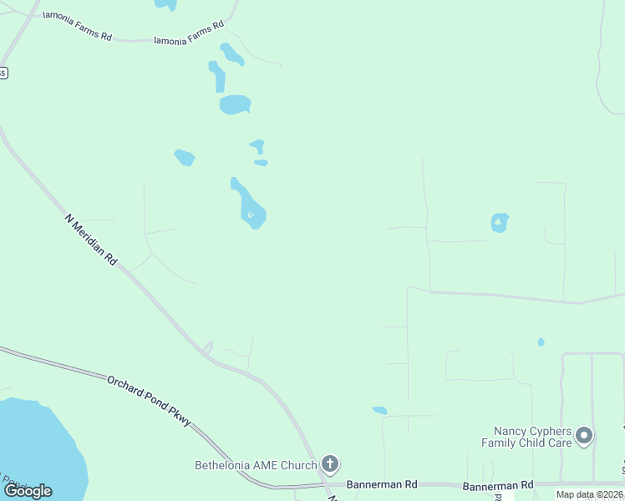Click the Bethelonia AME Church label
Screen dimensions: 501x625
coord(256,465)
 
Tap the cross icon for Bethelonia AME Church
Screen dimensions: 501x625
coord(330,463)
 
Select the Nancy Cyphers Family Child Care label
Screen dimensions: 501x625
coord(527,437)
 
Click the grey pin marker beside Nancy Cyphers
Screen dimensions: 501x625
coord(585,435)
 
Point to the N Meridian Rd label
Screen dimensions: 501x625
coord(91,240)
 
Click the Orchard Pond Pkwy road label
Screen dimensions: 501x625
coord(150,402)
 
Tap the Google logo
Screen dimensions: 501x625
coord(28,491)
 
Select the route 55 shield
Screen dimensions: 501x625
coord(3,73)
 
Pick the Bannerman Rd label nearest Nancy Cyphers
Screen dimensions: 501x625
coord(498,485)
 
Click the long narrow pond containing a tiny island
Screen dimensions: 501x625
coord(249,206)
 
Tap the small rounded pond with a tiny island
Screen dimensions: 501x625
coord(500,222)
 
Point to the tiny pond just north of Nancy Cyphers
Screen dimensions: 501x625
coord(541,342)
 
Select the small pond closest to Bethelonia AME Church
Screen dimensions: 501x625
coord(380,410)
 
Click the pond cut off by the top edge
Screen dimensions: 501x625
coord(166,4)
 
